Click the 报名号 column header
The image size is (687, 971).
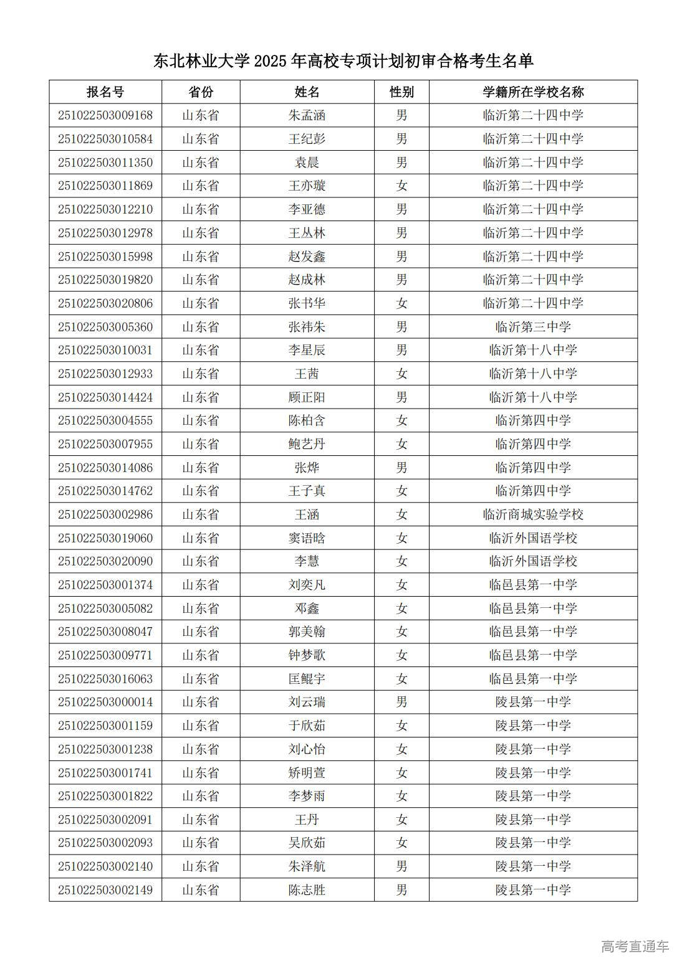click(105, 92)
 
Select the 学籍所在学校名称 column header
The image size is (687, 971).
click(533, 92)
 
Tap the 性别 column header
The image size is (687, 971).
click(401, 92)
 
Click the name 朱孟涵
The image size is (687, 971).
click(307, 115)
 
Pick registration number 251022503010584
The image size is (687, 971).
click(105, 139)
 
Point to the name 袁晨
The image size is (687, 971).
click(307, 163)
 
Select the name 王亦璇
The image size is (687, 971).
click(307, 186)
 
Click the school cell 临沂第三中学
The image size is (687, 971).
click(533, 327)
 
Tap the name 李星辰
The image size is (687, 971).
click(307, 350)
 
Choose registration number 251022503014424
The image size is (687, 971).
click(105, 397)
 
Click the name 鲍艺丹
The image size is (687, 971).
click(307, 444)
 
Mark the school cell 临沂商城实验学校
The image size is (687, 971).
click(533, 514)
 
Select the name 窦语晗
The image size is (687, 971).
click(307, 538)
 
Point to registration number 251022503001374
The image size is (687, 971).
click(105, 585)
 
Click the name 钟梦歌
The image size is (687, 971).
click(307, 655)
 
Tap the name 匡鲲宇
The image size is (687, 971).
click(307, 679)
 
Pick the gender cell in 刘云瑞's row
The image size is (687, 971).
click(401, 702)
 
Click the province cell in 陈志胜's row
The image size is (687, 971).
click(200, 890)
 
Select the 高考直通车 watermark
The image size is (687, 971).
click(635, 946)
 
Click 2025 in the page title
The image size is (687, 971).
click(270, 61)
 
